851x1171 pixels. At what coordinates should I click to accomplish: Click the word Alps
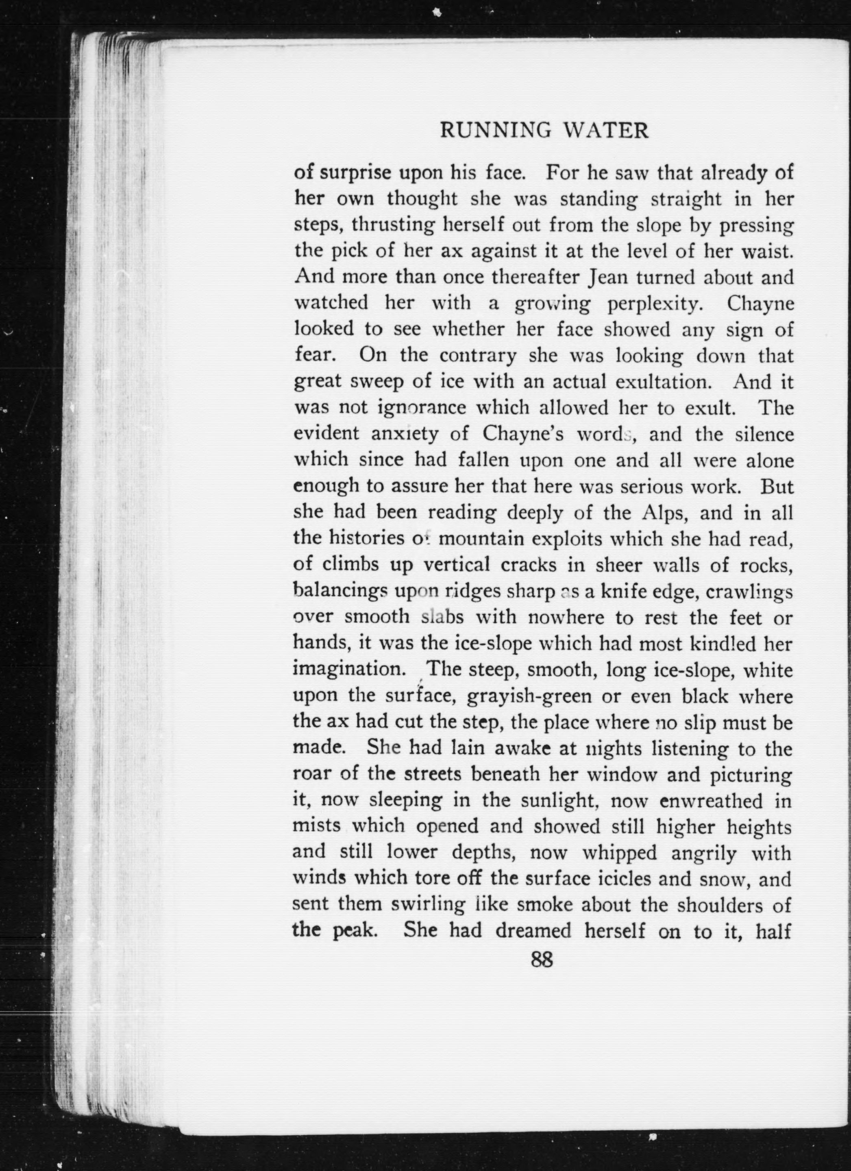point(664,513)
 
